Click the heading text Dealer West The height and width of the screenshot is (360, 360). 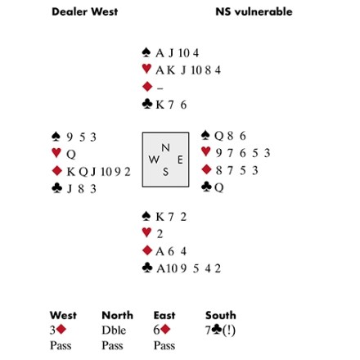[85, 11]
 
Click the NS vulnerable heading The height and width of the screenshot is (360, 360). [254, 11]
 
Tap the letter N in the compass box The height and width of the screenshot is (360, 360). [165, 147]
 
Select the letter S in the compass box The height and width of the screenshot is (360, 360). [165, 172]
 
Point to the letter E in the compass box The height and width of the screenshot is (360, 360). [180, 160]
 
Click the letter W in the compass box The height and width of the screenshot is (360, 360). [154, 160]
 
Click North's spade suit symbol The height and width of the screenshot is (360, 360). [146, 52]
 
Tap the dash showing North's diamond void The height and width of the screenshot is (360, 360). [160, 88]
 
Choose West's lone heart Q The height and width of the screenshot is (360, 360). [71, 155]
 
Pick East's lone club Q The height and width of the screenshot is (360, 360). [219, 187]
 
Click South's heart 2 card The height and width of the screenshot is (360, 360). [160, 234]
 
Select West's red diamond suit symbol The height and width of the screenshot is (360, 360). [57, 171]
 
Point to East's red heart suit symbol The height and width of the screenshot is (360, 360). [206, 151]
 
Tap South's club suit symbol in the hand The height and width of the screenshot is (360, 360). [147, 268]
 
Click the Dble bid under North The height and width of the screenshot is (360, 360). [114, 331]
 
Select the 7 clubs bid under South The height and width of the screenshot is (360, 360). [220, 331]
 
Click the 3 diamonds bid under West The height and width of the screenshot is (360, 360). [58, 330]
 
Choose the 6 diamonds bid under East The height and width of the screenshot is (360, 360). [162, 330]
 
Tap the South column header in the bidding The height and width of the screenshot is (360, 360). [221, 315]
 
